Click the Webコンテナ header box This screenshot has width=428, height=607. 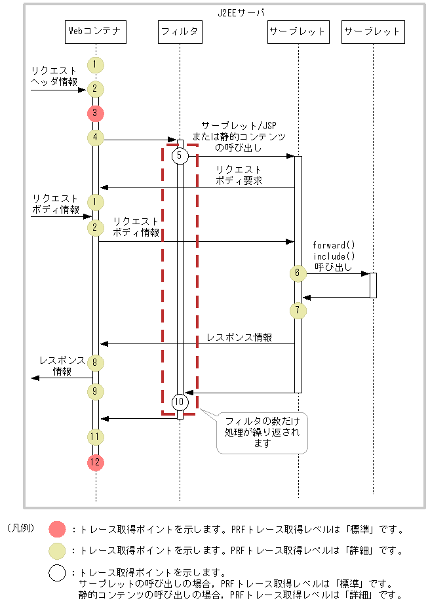pos(96,31)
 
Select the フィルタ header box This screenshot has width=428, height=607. pos(180,31)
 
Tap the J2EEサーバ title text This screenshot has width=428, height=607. pos(242,12)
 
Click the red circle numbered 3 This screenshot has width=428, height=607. pos(96,113)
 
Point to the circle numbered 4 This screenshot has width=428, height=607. pos(96,138)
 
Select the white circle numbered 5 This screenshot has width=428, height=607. pos(180,156)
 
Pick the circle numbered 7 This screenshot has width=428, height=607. pos(298,309)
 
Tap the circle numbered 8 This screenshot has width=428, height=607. pos(96,362)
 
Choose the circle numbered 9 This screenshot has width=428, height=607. pos(96,392)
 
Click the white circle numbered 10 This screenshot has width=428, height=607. pos(180,402)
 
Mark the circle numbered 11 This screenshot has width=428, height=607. pos(96,436)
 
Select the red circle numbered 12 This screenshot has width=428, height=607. pos(96,462)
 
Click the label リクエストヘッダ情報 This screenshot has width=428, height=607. pos(54,76)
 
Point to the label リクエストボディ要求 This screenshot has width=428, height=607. pos(239,175)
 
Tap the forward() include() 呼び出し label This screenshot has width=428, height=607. pos(334,256)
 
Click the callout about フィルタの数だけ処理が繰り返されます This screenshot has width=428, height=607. pos(262,432)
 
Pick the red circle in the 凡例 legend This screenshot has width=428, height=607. pos(58,529)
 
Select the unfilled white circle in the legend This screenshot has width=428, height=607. pos(58,572)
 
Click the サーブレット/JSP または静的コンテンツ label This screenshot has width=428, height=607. pos(239,136)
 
